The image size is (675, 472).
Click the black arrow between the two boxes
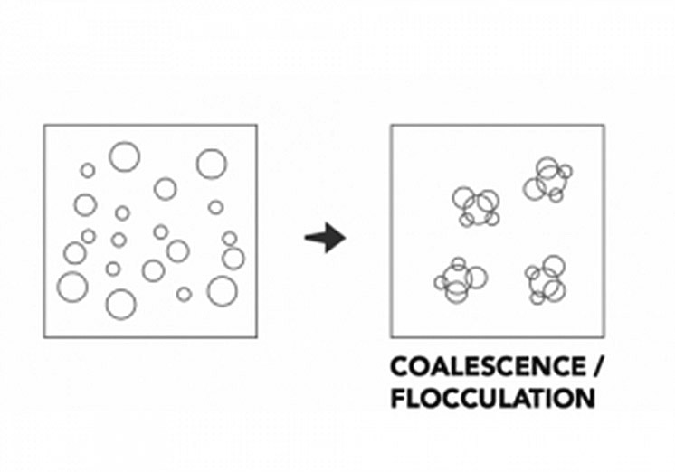coord(325,240)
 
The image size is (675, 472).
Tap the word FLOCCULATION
coord(492,397)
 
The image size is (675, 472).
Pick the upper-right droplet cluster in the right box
coord(547,180)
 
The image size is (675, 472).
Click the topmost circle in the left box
coord(124,156)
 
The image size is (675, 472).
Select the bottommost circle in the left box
coord(120,304)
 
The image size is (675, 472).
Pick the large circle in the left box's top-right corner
coord(212,164)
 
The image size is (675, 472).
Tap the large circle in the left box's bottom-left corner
coord(72,286)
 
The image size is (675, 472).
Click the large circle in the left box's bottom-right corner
coord(222,290)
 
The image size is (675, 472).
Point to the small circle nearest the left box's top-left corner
coord(88,170)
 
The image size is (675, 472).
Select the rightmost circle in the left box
coord(233,259)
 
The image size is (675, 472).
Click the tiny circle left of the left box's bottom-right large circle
coord(184,294)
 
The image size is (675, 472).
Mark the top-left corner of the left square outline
coord(44,125)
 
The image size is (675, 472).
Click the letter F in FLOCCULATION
coord(397,397)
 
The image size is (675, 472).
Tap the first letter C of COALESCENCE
coord(399,368)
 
